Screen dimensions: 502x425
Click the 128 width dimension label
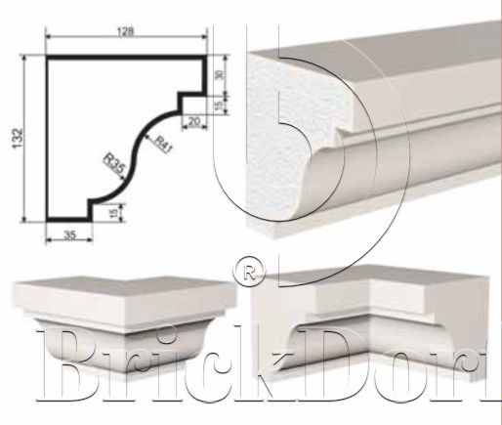[125, 31]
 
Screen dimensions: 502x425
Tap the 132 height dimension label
[18, 139]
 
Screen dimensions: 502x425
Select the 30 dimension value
[219, 74]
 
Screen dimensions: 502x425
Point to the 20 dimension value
[193, 122]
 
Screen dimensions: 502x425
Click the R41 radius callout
[162, 145]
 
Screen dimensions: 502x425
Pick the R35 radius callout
[114, 163]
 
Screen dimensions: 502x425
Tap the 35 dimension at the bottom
[69, 234]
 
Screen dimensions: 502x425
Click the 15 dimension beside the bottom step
[113, 213]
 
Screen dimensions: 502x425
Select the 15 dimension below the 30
[219, 105]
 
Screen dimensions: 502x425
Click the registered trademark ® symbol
[249, 272]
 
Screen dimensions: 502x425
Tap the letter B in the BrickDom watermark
[70, 364]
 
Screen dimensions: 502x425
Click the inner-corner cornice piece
[370, 322]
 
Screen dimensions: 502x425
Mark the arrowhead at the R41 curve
[147, 137]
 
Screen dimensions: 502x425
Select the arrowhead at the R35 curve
[122, 177]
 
